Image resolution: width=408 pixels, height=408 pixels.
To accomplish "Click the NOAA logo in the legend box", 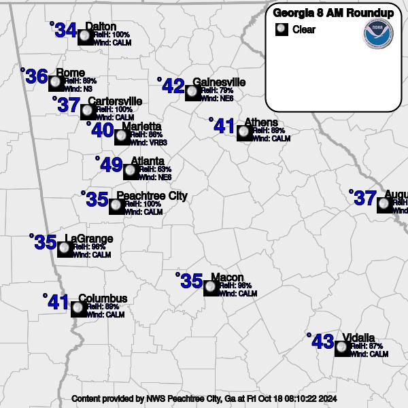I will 378,34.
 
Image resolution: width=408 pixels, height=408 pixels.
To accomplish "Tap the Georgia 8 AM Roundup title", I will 333,12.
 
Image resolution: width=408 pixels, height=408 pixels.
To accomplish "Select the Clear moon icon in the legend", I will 281,30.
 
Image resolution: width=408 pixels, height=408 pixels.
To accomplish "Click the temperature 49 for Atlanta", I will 111,165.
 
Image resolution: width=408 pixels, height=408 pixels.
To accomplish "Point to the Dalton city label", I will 101,27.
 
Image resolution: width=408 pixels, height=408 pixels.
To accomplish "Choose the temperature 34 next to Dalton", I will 65,31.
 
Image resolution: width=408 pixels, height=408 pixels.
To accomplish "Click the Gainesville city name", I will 219,82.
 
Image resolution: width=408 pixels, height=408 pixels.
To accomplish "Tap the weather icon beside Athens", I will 245,133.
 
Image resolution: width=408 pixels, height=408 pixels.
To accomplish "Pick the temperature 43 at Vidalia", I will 322,342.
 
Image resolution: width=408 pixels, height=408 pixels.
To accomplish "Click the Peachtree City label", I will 152,197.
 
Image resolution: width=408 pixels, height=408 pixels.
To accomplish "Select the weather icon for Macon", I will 211,288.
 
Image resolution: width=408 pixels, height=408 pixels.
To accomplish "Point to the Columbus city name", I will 103,299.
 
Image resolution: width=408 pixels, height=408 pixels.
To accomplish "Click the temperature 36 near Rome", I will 36,77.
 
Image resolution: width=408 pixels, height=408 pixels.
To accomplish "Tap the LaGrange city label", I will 89,239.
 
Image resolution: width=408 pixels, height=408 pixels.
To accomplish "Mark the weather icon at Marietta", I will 122,137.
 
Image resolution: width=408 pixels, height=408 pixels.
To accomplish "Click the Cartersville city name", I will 115,101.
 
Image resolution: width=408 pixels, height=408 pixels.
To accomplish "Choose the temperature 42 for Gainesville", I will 173,86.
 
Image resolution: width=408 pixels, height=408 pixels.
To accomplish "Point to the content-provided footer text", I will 204,398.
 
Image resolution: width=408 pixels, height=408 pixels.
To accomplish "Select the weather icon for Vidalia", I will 343,348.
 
